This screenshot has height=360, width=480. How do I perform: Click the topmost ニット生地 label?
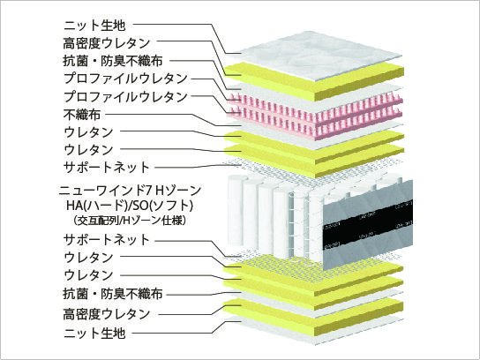coord(94,25)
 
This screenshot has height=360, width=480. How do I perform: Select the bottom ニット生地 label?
coord(94,333)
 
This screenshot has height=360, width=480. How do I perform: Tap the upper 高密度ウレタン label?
coord(107,43)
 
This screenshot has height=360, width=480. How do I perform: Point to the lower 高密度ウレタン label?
coord(107,314)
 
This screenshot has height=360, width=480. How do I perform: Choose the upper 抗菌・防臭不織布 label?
coord(113,61)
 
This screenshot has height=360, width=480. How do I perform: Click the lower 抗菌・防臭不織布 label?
coord(113,294)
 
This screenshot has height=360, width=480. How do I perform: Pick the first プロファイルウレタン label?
coord(125,79)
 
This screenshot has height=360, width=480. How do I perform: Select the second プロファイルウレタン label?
coord(125,97)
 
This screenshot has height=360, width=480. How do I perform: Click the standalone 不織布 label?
coord(82,115)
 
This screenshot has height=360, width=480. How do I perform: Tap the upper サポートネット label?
coord(106,167)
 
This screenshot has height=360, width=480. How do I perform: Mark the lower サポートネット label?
coord(106,239)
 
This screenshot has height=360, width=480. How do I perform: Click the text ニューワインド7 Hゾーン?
coord(130,191)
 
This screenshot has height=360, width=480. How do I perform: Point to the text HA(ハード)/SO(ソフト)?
coord(130,206)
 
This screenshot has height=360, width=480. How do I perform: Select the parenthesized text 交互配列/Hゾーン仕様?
coord(130,221)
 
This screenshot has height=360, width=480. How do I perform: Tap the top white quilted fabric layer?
coord(319,56)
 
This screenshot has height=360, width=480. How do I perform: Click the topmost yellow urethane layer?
coord(315,80)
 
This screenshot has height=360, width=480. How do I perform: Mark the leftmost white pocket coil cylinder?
coord(236,211)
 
